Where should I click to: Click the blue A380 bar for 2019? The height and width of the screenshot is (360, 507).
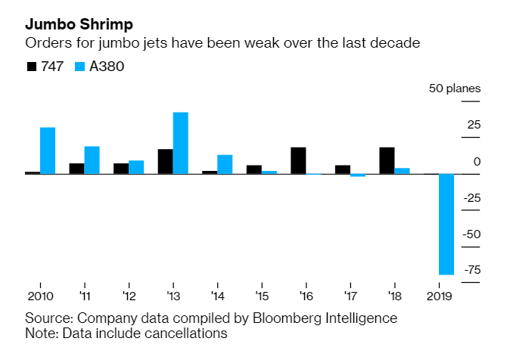[x=446, y=224]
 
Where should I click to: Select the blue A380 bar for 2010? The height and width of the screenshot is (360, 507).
[x=48, y=151]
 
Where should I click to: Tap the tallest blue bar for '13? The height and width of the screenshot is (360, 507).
[x=181, y=143]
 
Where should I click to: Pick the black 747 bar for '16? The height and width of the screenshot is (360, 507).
[x=298, y=160]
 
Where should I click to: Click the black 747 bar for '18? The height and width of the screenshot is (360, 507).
[x=387, y=160]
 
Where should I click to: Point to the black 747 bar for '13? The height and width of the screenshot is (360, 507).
[x=165, y=162]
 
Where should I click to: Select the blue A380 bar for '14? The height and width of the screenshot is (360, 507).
[x=225, y=164]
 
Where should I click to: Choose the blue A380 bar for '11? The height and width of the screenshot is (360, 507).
[x=92, y=160]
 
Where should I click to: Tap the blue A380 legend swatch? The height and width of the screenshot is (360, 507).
[x=81, y=67]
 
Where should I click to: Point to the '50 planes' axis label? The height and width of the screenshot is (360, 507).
[x=454, y=88]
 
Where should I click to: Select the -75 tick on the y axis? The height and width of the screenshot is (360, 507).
[x=471, y=270]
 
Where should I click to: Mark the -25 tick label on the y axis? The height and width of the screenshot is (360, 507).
[x=471, y=198]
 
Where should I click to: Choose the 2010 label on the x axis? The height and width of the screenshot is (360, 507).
[x=40, y=296]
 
